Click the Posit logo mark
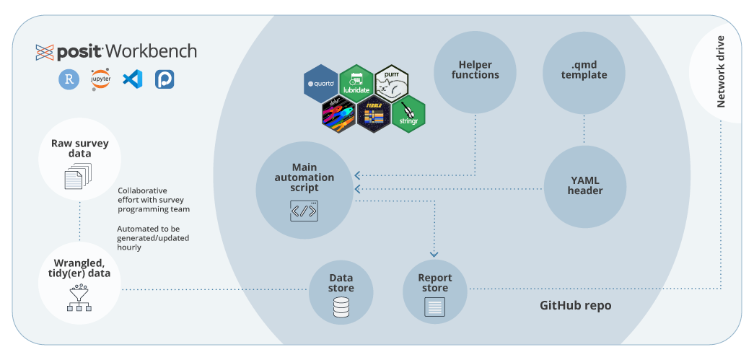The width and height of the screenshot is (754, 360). (x=45, y=52)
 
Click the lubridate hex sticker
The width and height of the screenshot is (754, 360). (x=356, y=83)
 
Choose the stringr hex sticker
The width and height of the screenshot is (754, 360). (x=409, y=113)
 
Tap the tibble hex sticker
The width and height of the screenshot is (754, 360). (x=374, y=115)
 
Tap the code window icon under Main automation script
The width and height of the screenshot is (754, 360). (x=304, y=211)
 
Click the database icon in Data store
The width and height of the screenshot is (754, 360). (x=341, y=308)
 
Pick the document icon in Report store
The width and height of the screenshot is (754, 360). (x=434, y=308)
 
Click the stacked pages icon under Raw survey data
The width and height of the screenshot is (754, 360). (x=79, y=175)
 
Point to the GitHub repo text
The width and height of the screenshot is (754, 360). (x=575, y=305)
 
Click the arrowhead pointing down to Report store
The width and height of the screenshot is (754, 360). (x=434, y=254)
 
